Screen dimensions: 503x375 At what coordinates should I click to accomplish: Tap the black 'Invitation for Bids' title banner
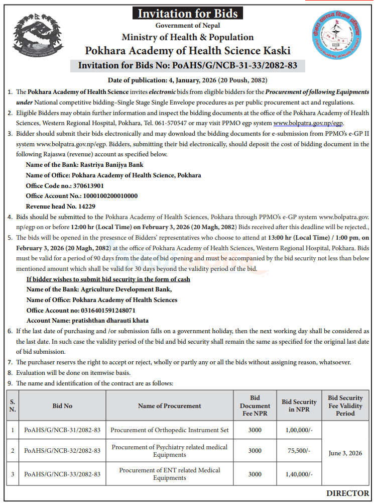point(188,13)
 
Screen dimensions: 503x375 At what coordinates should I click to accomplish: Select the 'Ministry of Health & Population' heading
point(188,37)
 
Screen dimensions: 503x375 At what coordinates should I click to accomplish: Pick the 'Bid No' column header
point(62,406)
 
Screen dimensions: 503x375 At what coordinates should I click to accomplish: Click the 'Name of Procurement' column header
point(169,406)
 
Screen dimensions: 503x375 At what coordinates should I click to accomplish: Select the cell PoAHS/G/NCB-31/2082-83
point(62,430)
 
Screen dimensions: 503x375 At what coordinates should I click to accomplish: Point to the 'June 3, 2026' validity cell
point(345,453)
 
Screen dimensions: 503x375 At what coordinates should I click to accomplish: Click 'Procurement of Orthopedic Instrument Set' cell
point(169,430)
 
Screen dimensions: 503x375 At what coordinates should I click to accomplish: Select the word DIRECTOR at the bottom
point(347,493)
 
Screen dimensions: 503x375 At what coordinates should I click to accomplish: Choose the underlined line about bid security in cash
point(108,279)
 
